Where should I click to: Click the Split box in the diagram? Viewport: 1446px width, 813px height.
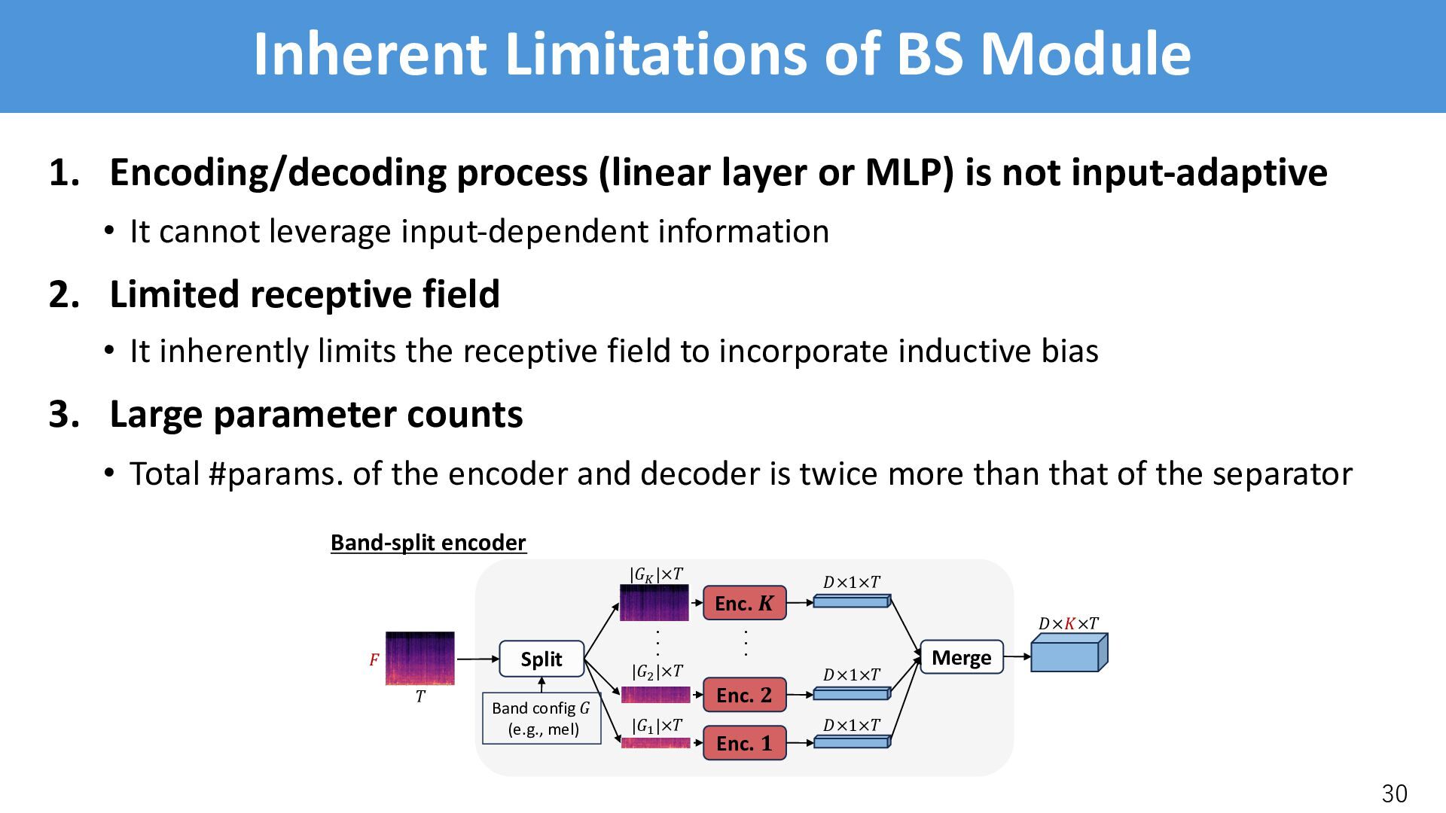coord(541,659)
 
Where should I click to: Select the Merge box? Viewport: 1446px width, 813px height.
coord(961,657)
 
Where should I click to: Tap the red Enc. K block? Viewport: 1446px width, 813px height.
coord(744,603)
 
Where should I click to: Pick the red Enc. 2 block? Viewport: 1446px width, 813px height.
coord(744,695)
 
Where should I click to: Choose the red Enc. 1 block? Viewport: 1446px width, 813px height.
coord(744,743)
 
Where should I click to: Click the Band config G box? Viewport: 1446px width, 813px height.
coord(541,718)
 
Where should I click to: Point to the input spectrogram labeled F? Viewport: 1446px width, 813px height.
coord(420,658)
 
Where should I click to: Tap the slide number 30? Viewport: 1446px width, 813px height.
coord(1394,793)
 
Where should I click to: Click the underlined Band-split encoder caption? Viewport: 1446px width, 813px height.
coord(429,543)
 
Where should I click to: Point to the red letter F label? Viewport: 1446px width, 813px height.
coord(374,660)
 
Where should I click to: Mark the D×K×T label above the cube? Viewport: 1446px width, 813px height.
coord(1068,623)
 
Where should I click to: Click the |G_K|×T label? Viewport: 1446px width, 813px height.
coord(656,575)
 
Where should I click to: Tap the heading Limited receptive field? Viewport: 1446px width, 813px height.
coord(304,294)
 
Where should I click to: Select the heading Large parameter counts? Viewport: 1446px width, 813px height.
coord(316,414)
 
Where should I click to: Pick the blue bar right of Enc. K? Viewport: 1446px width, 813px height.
coord(852,601)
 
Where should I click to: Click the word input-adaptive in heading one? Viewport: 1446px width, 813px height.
coord(1199,172)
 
